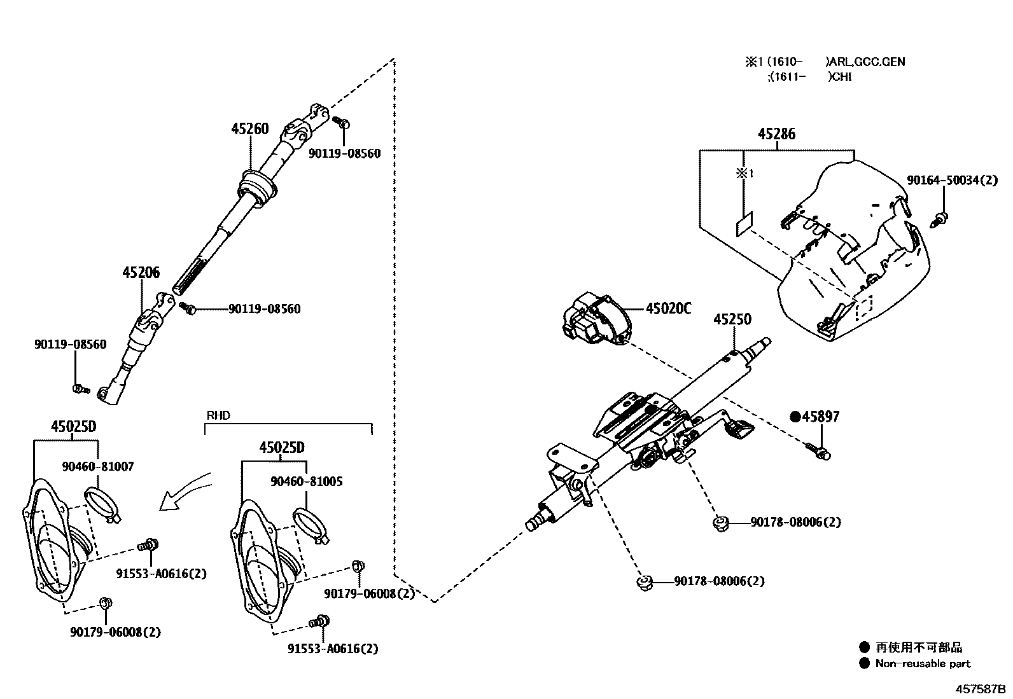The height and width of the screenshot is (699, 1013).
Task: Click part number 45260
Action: (250, 128)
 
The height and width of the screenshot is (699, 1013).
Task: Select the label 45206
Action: (141, 273)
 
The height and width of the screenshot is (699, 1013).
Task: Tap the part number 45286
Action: (776, 134)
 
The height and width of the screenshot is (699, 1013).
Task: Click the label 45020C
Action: (668, 308)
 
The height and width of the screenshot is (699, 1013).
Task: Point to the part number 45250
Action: (732, 319)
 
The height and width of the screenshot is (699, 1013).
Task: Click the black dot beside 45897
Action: (795, 417)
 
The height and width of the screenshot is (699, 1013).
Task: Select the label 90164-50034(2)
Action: (953, 181)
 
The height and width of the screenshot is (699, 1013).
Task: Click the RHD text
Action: (218, 415)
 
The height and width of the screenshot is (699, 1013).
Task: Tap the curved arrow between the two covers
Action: (186, 492)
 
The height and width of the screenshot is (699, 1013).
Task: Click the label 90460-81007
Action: (98, 466)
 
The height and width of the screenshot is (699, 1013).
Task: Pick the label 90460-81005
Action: (306, 481)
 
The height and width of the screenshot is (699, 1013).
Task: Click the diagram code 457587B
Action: (978, 689)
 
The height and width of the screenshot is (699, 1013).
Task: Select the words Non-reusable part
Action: (923, 663)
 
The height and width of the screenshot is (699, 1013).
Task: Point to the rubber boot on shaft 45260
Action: (257, 189)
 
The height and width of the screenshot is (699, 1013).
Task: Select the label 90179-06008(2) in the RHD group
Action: (369, 593)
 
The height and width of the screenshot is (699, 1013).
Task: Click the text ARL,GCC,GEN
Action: (865, 62)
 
